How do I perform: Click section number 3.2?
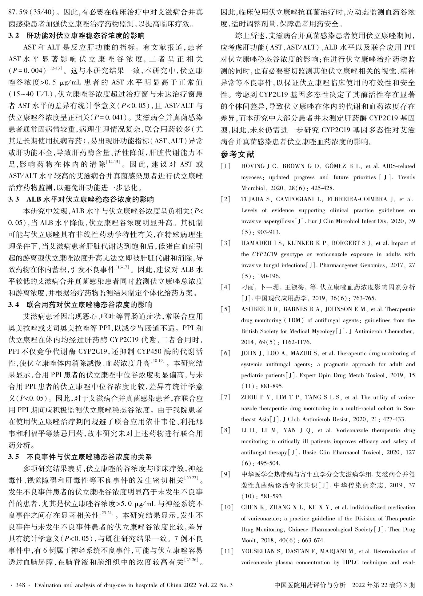tap(13, 36)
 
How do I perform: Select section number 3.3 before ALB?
tap(13, 199)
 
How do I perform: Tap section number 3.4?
tap(13, 305)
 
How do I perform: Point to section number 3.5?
tap(13, 457)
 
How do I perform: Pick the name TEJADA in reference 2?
tap(251, 199)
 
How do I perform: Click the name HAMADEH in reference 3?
tap(254, 243)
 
